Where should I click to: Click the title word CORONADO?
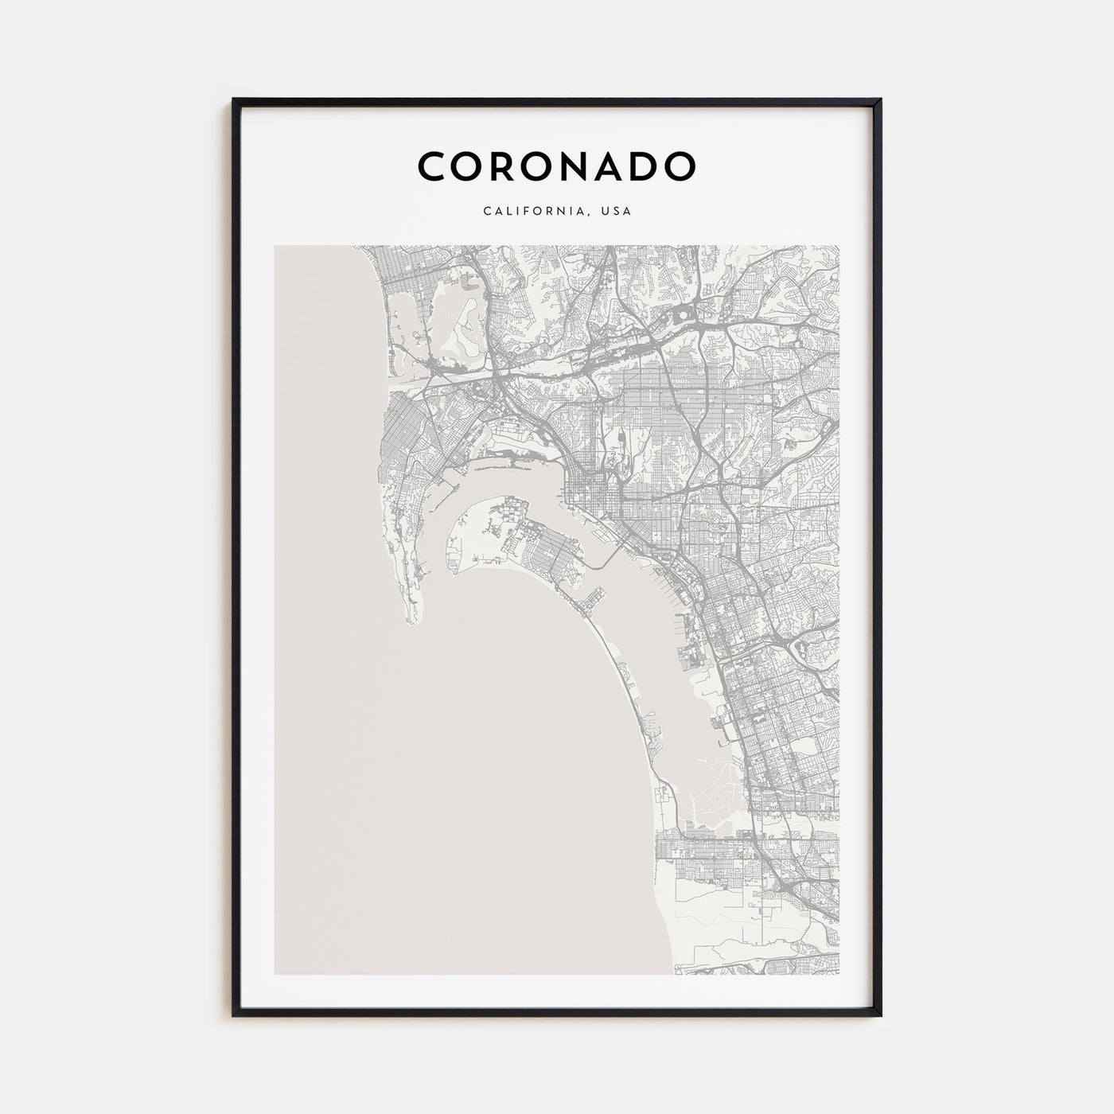tap(556, 166)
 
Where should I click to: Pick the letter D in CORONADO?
tap(648, 166)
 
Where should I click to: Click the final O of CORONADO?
tap(682, 166)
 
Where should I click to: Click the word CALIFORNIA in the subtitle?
tap(532, 212)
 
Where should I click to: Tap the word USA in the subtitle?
tap(617, 212)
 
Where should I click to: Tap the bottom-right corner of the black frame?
tap(880, 1015)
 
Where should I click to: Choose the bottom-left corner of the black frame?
tap(234, 1015)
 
